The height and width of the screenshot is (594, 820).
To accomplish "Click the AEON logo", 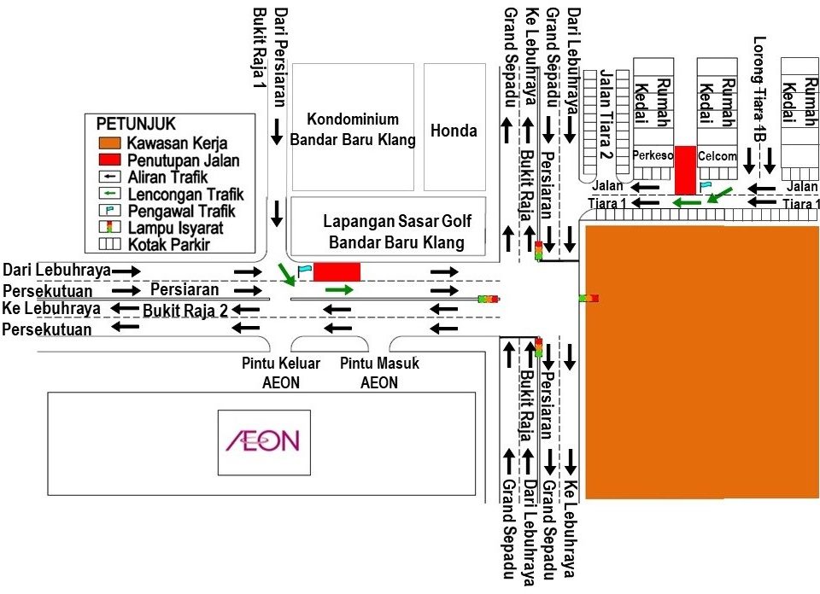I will (262, 441).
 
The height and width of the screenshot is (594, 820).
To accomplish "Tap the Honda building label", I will (454, 131).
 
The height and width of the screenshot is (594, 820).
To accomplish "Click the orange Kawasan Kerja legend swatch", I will (109, 143).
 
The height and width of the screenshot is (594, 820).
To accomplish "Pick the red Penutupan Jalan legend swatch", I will (109, 160).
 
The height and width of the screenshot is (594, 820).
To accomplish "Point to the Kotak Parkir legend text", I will (169, 245).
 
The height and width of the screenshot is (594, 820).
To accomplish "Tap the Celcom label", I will (717, 156).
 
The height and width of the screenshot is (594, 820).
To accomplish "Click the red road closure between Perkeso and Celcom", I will (686, 169).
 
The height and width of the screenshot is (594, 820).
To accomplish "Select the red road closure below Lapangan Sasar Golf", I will (337, 272).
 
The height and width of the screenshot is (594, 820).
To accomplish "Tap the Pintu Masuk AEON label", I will (379, 373).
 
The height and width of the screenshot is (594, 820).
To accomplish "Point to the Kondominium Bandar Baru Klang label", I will (354, 129).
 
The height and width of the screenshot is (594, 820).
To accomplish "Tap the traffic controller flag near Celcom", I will (705, 185).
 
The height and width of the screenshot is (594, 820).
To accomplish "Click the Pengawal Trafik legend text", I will (180, 211).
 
